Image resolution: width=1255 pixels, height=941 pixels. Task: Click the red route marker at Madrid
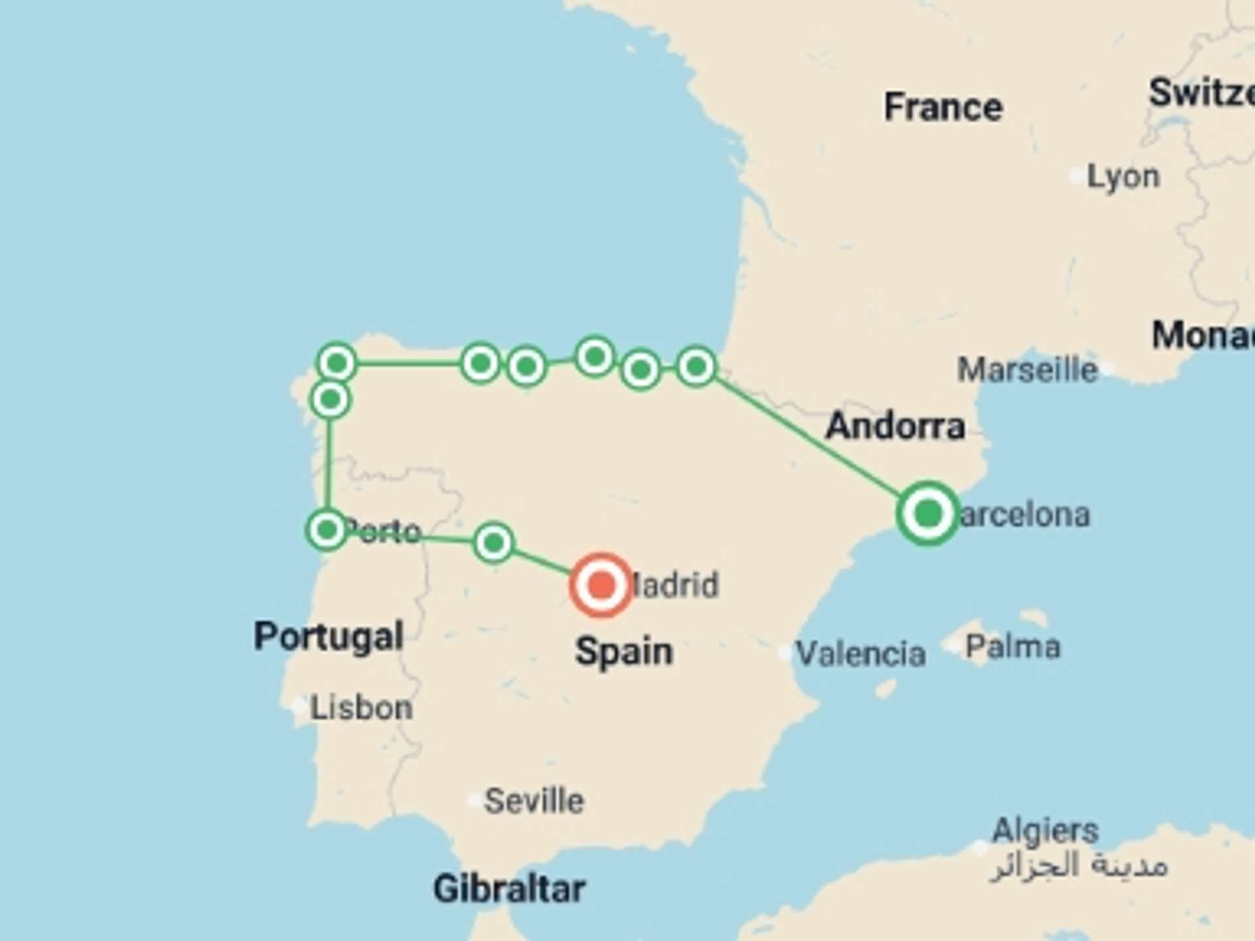(x=601, y=585)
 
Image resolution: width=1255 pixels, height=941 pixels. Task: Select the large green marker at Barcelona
(x=928, y=514)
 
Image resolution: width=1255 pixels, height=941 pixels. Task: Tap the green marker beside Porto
(x=326, y=529)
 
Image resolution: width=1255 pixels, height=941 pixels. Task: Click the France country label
(x=943, y=107)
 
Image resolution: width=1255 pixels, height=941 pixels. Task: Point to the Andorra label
(x=895, y=427)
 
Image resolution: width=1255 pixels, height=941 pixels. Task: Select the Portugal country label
(x=328, y=636)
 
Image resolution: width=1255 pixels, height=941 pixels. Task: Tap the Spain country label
(x=624, y=652)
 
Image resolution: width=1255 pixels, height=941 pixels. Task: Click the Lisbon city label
(x=361, y=708)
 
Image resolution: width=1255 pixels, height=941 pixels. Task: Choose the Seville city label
(x=533, y=801)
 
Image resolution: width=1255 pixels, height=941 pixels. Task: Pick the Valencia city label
(x=860, y=653)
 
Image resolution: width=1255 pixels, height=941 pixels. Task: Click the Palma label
(x=1012, y=647)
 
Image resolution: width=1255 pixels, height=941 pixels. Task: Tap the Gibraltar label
(x=509, y=889)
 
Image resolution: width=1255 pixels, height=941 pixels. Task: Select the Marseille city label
(x=1027, y=370)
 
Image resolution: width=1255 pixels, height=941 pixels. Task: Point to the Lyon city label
(x=1123, y=176)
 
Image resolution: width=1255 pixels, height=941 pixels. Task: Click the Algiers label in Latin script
(x=1045, y=831)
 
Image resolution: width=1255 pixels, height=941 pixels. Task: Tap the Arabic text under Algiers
(x=1079, y=867)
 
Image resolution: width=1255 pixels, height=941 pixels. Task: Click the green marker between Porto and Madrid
(x=494, y=542)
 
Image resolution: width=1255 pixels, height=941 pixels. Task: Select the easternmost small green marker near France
(x=695, y=367)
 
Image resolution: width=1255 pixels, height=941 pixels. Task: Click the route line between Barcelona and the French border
(x=811, y=439)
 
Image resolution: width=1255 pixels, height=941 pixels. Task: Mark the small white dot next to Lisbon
(x=299, y=706)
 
